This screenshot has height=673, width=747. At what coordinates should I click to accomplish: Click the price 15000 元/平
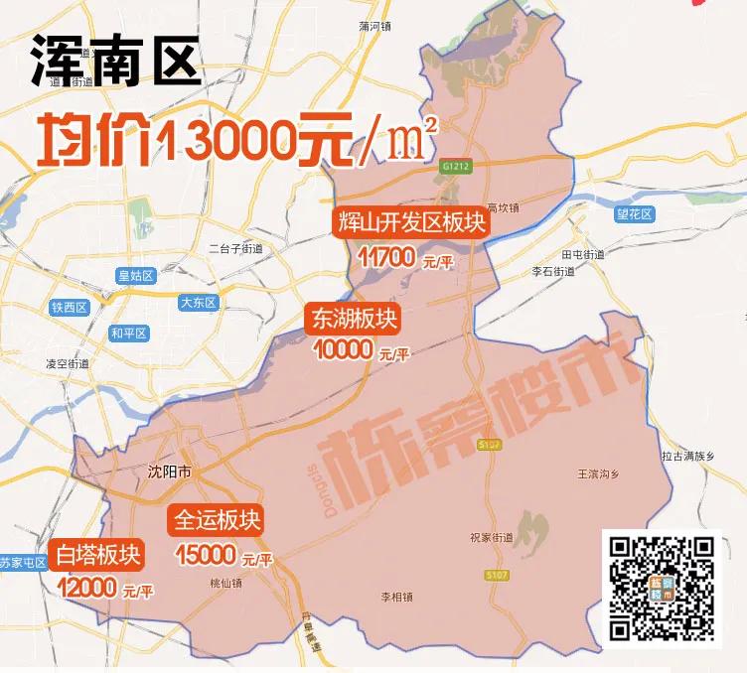223,557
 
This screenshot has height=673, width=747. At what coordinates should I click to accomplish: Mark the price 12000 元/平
105,589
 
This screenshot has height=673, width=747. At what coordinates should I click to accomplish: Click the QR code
661,588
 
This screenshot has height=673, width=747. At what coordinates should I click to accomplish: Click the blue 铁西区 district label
70,308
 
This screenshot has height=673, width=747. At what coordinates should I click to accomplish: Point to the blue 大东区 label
197,303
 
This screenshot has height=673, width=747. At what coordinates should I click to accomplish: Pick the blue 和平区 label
129,334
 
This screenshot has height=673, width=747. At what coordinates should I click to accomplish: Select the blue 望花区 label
634,213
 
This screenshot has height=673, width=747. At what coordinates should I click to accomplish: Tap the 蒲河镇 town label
377,27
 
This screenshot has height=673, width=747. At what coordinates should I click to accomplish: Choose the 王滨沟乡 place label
599,473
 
